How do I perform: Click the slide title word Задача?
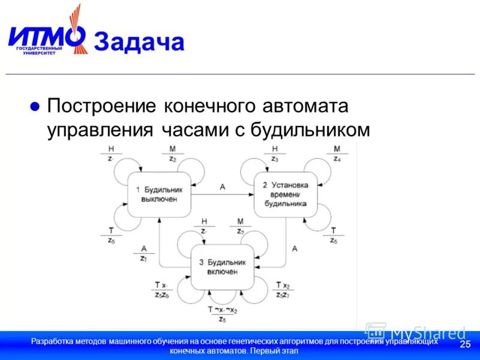point(139,43)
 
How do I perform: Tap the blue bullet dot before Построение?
point(35,106)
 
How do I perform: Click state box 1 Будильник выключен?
point(159,194)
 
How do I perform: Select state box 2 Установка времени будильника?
point(284,194)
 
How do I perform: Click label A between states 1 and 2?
point(223,187)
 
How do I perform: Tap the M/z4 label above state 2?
point(337,154)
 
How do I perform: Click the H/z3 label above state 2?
point(275,154)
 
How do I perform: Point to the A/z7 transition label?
point(143,253)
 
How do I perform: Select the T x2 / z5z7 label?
point(283,290)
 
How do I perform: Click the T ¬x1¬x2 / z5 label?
point(222,314)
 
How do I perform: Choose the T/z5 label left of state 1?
point(111,235)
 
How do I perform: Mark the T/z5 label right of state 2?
point(334,235)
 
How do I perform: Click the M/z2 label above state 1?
point(172,154)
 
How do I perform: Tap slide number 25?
point(464,344)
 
